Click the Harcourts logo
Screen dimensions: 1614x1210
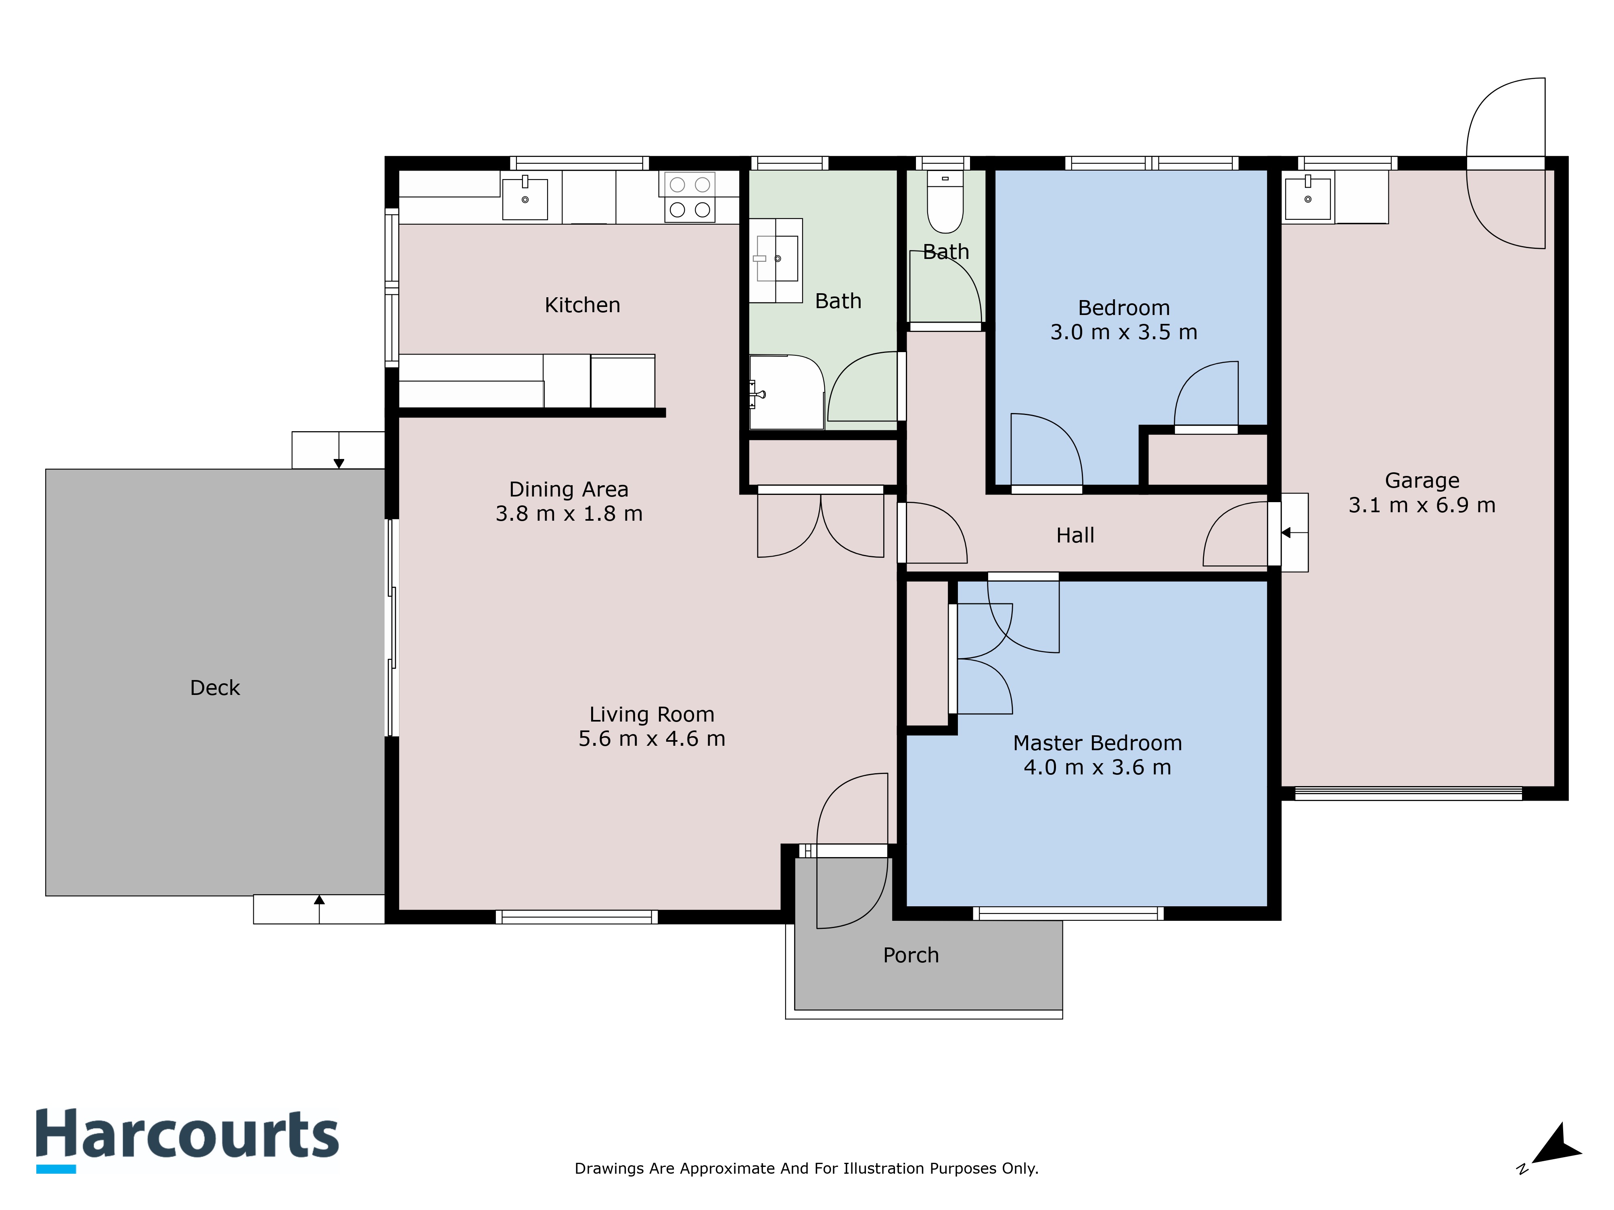[x=188, y=1140]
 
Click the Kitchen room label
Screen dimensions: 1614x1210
[x=582, y=305]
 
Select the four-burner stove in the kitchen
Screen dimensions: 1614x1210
[x=690, y=197]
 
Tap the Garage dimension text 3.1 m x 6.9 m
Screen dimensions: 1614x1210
[x=1422, y=505]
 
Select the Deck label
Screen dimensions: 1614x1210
[x=215, y=688]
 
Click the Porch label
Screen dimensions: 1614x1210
[x=911, y=955]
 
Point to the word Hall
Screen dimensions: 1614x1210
[x=1075, y=535]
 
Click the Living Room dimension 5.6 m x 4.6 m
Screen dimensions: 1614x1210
[x=652, y=738]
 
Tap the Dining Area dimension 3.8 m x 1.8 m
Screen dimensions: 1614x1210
[x=569, y=513]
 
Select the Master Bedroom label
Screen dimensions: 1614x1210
[x=1098, y=743]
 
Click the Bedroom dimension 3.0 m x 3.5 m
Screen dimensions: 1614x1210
[x=1124, y=332]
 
